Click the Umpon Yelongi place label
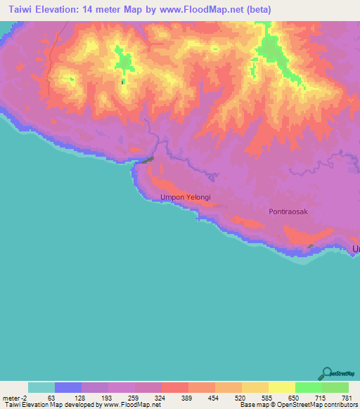tap(186, 198)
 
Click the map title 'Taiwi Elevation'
tap(53, 10)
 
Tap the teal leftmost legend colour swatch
tap(41, 387)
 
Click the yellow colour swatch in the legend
tap(282, 387)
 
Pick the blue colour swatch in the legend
tap(68, 387)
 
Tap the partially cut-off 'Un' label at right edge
tap(356, 249)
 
